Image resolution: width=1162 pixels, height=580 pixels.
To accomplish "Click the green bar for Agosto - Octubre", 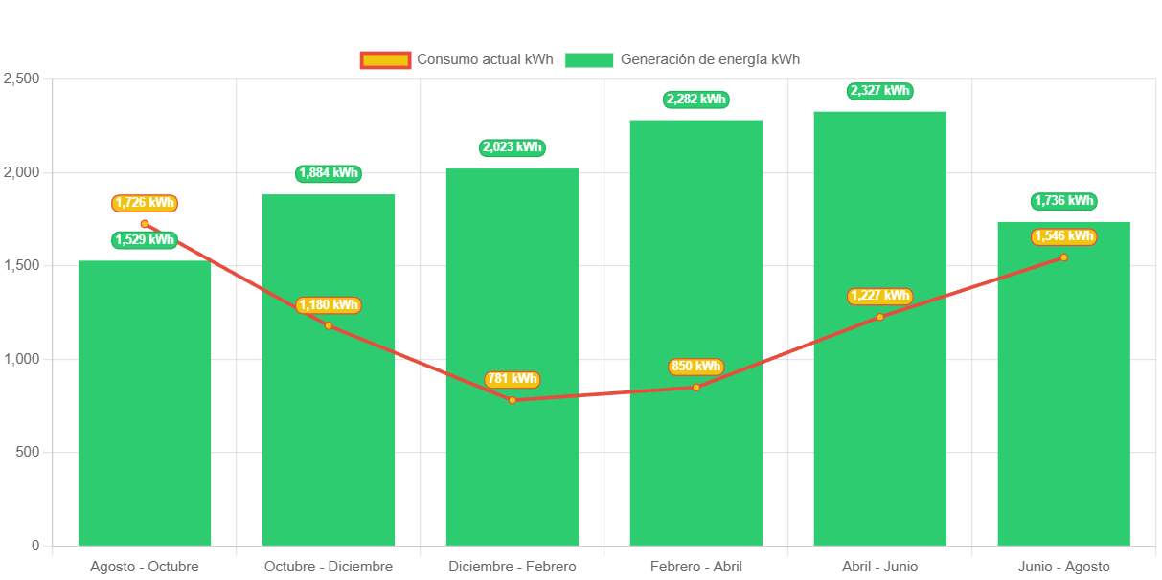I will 145,402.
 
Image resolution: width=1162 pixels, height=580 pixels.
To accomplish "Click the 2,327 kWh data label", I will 879,91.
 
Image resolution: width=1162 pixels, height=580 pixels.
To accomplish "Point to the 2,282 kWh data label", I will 695,100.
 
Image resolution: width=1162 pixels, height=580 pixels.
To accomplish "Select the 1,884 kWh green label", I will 329,173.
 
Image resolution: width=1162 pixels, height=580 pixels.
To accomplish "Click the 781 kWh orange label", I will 512,379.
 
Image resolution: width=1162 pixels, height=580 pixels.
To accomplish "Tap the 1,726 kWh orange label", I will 145,203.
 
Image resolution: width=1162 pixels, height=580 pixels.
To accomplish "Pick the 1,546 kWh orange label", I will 1063,236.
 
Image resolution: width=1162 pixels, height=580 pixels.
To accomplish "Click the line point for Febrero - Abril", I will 696,387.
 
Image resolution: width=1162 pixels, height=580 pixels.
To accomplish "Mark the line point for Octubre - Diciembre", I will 329,325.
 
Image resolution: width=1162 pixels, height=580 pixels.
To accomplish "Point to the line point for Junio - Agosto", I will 1063,257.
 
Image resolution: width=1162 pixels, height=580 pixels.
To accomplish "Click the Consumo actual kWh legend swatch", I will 385,60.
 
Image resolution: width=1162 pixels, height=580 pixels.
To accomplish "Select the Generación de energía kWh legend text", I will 710,59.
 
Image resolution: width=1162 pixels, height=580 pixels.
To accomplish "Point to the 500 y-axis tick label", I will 26,452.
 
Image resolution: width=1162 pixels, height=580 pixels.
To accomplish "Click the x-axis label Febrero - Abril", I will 695,567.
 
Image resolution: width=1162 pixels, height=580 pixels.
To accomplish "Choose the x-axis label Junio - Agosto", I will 1063,567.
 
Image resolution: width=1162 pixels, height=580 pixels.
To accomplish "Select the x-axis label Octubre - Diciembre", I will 329,567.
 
